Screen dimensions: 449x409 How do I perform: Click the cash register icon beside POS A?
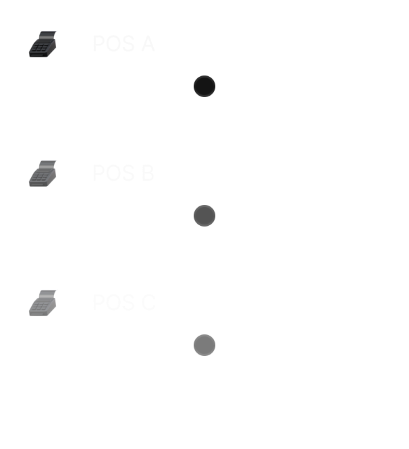point(43,44)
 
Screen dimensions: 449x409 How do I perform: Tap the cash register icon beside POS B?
point(43,173)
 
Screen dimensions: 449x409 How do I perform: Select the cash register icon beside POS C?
point(43,303)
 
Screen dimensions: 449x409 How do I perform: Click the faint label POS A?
point(123,44)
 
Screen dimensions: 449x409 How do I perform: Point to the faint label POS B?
point(123,173)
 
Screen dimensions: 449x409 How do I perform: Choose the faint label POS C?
point(123,303)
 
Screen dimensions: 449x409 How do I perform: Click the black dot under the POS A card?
point(204,86)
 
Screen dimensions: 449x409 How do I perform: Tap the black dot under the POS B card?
point(204,215)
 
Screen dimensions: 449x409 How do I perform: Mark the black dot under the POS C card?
point(204,345)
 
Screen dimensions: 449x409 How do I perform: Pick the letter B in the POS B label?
point(148,173)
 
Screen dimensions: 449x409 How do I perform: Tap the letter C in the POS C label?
point(148,303)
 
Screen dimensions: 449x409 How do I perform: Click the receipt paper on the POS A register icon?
point(47,35)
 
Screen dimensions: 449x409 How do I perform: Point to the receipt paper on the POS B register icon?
point(47,164)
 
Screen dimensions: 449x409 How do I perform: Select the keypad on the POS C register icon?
point(40,308)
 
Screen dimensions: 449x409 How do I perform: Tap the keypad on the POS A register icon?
point(40,49)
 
